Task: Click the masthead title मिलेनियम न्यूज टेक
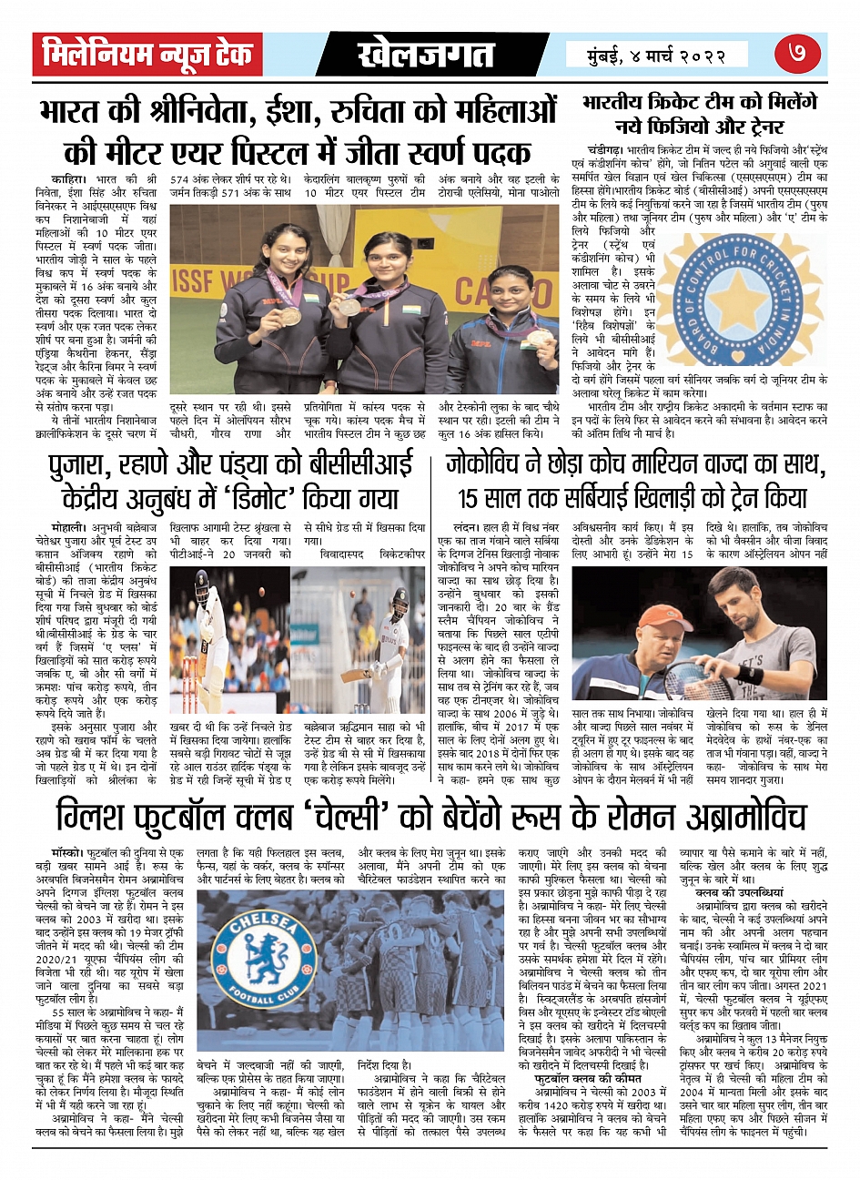coord(148,56)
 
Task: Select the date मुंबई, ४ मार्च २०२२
coord(657,56)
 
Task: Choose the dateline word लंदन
coord(465,527)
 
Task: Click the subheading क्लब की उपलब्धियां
coord(745,894)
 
